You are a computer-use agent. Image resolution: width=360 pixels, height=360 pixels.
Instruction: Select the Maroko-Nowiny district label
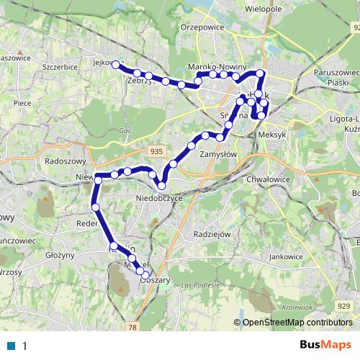coord(217,66)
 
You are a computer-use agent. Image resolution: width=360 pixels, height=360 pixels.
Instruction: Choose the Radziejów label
coord(212,234)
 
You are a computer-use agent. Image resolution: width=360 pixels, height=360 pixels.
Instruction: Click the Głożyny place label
coord(60,255)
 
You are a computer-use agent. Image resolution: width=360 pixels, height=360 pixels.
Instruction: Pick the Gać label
coord(125,131)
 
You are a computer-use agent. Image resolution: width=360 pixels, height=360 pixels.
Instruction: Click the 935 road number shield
coord(158,150)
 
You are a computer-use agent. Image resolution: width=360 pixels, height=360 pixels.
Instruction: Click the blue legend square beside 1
coord(12,345)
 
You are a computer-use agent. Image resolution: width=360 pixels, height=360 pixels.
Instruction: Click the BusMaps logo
coord(325,345)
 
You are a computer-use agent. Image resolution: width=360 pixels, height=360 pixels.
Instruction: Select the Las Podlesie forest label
coord(200,286)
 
